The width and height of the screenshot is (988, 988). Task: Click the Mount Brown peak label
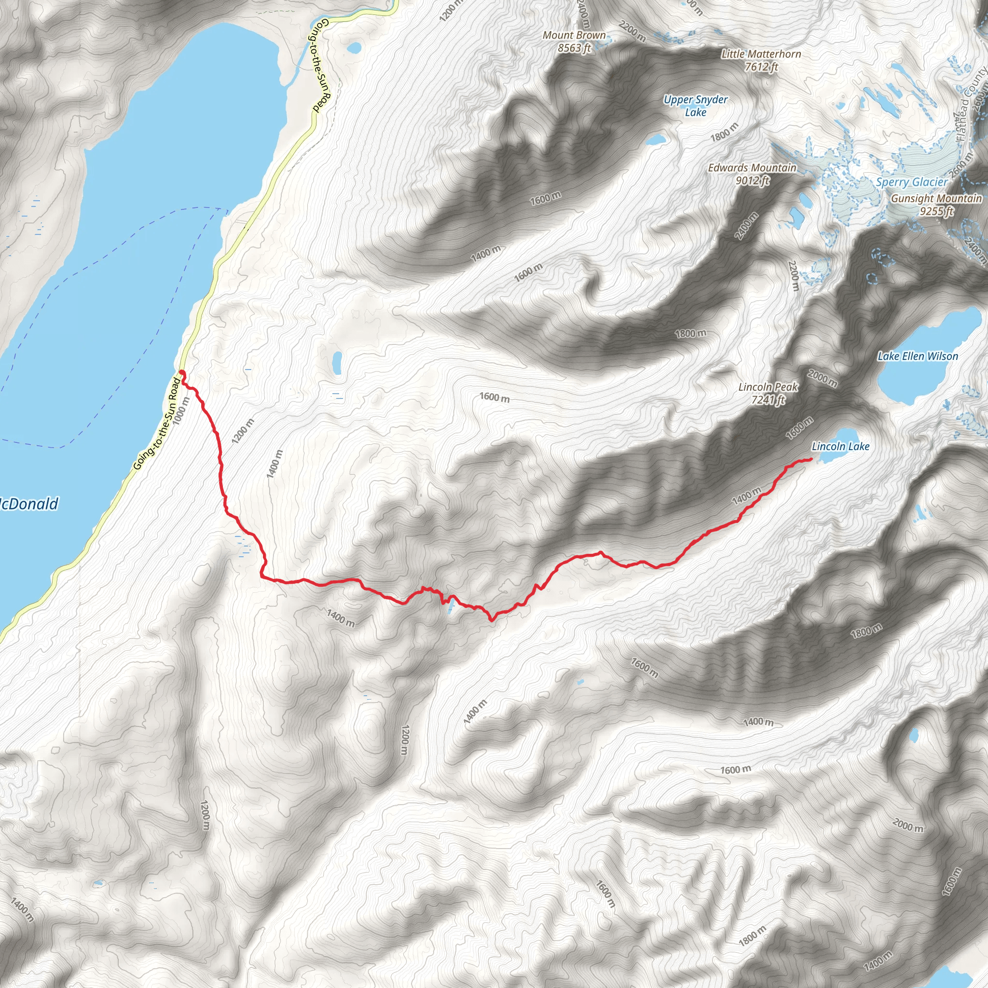coord(574,41)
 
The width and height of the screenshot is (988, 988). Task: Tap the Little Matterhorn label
coord(761,60)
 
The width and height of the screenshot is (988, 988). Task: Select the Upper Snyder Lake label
coord(696,106)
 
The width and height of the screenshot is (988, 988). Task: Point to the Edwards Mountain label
coord(752,174)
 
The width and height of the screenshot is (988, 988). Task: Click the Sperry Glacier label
coord(912,182)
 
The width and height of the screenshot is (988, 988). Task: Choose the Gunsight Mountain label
coord(936,205)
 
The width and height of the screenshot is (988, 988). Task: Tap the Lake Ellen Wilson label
coord(918,357)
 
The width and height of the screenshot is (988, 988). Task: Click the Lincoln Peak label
coord(768,393)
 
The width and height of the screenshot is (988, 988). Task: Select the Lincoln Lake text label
coord(841,446)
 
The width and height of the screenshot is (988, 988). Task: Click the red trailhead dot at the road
coord(181,373)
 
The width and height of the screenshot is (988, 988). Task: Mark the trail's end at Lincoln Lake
coord(811,460)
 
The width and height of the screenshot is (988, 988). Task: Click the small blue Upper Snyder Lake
coord(655,139)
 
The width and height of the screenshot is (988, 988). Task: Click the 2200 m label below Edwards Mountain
coord(793,276)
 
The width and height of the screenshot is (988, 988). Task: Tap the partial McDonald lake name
coord(29,504)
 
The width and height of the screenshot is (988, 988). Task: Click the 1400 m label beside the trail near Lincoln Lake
coord(746,495)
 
